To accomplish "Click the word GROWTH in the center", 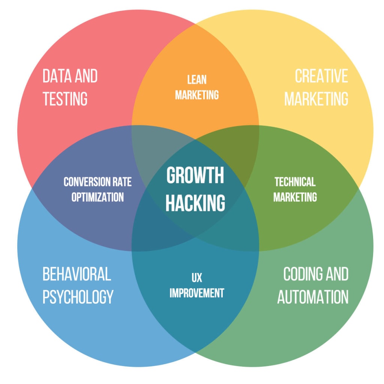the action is [x=195, y=175].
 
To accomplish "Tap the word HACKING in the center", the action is [x=195, y=202].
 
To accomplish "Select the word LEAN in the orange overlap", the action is [x=197, y=79].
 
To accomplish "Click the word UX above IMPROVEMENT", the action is [x=196, y=278].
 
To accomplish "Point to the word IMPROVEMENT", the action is [x=196, y=293].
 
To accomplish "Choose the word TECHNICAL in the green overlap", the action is [x=295, y=182].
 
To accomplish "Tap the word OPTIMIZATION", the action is [x=97, y=197].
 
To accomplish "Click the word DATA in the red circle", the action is [x=56, y=76].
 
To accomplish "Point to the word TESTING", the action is [x=65, y=99].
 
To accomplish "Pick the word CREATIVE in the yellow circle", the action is [x=321, y=76].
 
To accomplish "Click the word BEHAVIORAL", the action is [x=76, y=274].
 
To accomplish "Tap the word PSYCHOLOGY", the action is [x=78, y=297].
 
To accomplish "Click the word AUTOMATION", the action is [x=313, y=297].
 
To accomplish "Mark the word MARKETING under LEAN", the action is [x=197, y=95].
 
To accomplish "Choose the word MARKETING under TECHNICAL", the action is [x=295, y=197].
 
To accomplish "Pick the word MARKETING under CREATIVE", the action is [x=316, y=99].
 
